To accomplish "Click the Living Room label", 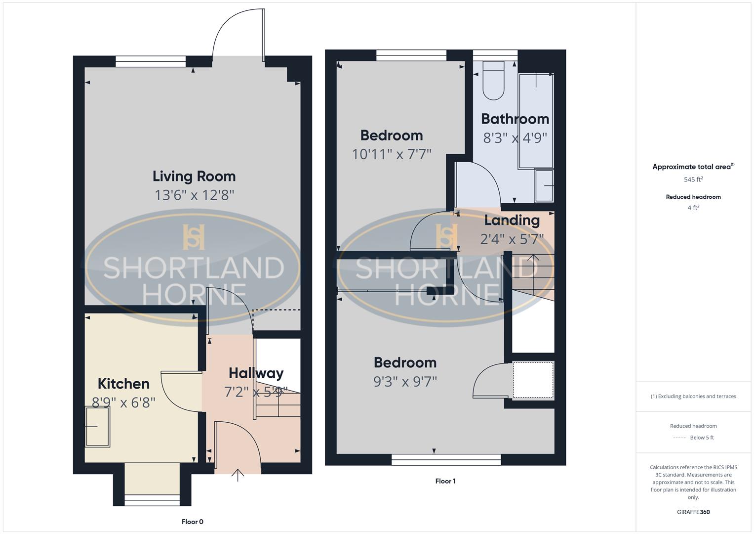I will point(194,176).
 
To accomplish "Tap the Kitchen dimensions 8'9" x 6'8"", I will point(123,402).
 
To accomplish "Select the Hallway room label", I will point(256,373).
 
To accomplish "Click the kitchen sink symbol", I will point(98,426).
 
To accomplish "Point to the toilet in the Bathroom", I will point(493,81).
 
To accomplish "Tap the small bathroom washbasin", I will point(544,185).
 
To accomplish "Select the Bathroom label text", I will point(515,119).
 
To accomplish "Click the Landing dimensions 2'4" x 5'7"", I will point(512,239).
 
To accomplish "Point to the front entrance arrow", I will point(238,475).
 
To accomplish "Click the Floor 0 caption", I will point(192,522).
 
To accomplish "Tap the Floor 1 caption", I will point(445,481).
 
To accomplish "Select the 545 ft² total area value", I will point(693,179).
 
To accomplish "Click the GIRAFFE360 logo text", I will point(693,512).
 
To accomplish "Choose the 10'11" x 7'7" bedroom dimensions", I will point(391,154).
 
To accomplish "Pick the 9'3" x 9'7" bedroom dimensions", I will point(405,382).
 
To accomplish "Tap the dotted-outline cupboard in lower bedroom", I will point(533,380).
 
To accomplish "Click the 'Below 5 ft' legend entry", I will point(701,438).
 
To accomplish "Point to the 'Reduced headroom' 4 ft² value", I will point(693,208).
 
